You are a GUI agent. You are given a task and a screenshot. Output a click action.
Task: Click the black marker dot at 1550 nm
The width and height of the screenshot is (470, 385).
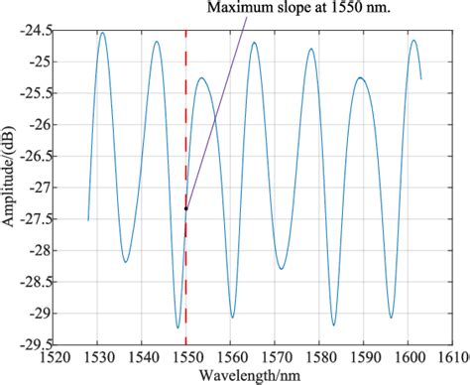tap(186, 208)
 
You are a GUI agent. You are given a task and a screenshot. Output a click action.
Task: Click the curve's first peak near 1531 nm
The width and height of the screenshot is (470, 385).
tap(102, 33)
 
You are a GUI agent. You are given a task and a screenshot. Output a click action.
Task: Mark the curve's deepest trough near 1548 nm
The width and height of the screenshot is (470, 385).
tap(177, 327)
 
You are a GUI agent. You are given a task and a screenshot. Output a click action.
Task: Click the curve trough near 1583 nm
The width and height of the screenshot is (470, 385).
tap(333, 324)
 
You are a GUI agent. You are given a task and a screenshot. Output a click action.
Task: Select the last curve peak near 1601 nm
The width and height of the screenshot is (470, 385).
tap(413, 41)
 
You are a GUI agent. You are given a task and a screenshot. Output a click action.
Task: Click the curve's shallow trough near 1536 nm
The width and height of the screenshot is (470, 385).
tap(126, 262)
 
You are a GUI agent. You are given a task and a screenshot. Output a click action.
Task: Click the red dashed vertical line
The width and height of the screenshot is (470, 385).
tap(186, 288)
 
